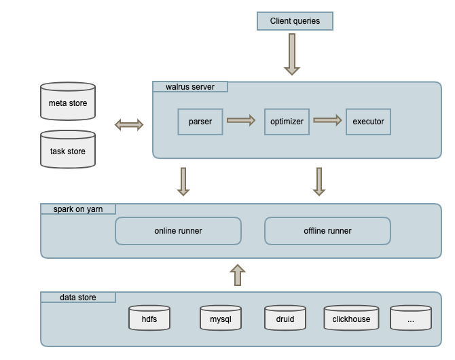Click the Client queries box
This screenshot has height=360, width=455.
tap(295, 21)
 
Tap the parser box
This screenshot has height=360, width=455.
tap(200, 122)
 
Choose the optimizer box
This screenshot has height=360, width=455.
tap(287, 122)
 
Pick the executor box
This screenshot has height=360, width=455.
tap(368, 122)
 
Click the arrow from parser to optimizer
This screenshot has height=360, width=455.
tap(241, 121)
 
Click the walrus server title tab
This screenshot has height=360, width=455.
tap(189, 86)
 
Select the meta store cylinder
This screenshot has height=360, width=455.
tap(68, 103)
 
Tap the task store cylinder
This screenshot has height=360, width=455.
tap(68, 150)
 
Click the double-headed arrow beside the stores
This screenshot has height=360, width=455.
tap(129, 124)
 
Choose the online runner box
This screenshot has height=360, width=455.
tap(178, 231)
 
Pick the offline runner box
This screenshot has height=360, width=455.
tap(327, 231)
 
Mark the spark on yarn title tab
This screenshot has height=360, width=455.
tap(78, 209)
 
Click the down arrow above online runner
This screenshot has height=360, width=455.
tap(183, 181)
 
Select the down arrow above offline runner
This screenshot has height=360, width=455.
tap(318, 181)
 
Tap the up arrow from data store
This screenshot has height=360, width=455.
tap(237, 275)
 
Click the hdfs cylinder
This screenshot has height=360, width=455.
tap(149, 318)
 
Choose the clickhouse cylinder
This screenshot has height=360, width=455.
tap(351, 318)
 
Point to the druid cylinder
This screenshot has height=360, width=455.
tap(285, 318)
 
